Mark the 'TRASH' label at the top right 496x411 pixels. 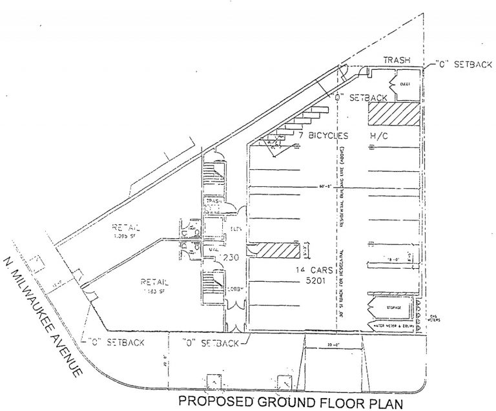tap(397, 60)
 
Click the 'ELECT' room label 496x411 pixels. tap(406, 83)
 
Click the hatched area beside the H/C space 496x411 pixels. tap(393, 114)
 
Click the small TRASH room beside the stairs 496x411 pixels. tap(214, 202)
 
